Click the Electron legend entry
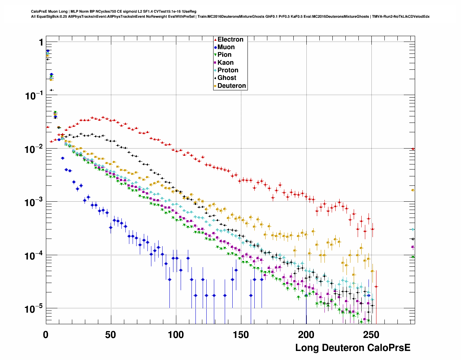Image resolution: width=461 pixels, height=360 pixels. tap(230, 39)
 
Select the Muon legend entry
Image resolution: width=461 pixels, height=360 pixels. tap(226, 47)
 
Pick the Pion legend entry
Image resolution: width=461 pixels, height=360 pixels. tap(224, 55)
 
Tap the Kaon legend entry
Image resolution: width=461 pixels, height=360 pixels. tap(225, 63)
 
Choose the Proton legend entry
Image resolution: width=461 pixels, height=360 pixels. tap(228, 70)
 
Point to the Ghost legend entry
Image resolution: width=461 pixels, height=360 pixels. tap(227, 78)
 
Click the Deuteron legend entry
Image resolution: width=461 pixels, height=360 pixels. tap(232, 86)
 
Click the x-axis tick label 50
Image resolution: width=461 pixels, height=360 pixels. tap(111, 335)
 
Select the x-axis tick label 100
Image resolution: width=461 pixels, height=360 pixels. tap(176, 335)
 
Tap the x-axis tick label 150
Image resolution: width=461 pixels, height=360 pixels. tap(241, 335)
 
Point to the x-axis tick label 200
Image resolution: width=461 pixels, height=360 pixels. tap(306, 335)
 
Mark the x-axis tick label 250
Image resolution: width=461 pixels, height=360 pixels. tap(371, 335)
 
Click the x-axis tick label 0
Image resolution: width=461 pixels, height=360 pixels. tap(46, 335)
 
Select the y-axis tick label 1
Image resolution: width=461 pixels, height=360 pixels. tap(41, 43)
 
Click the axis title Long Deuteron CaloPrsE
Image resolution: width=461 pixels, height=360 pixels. tap(353, 348)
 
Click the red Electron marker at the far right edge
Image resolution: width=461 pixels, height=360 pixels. tap(413, 149)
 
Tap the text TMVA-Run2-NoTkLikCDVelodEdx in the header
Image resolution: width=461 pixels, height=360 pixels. tap(401, 17)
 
